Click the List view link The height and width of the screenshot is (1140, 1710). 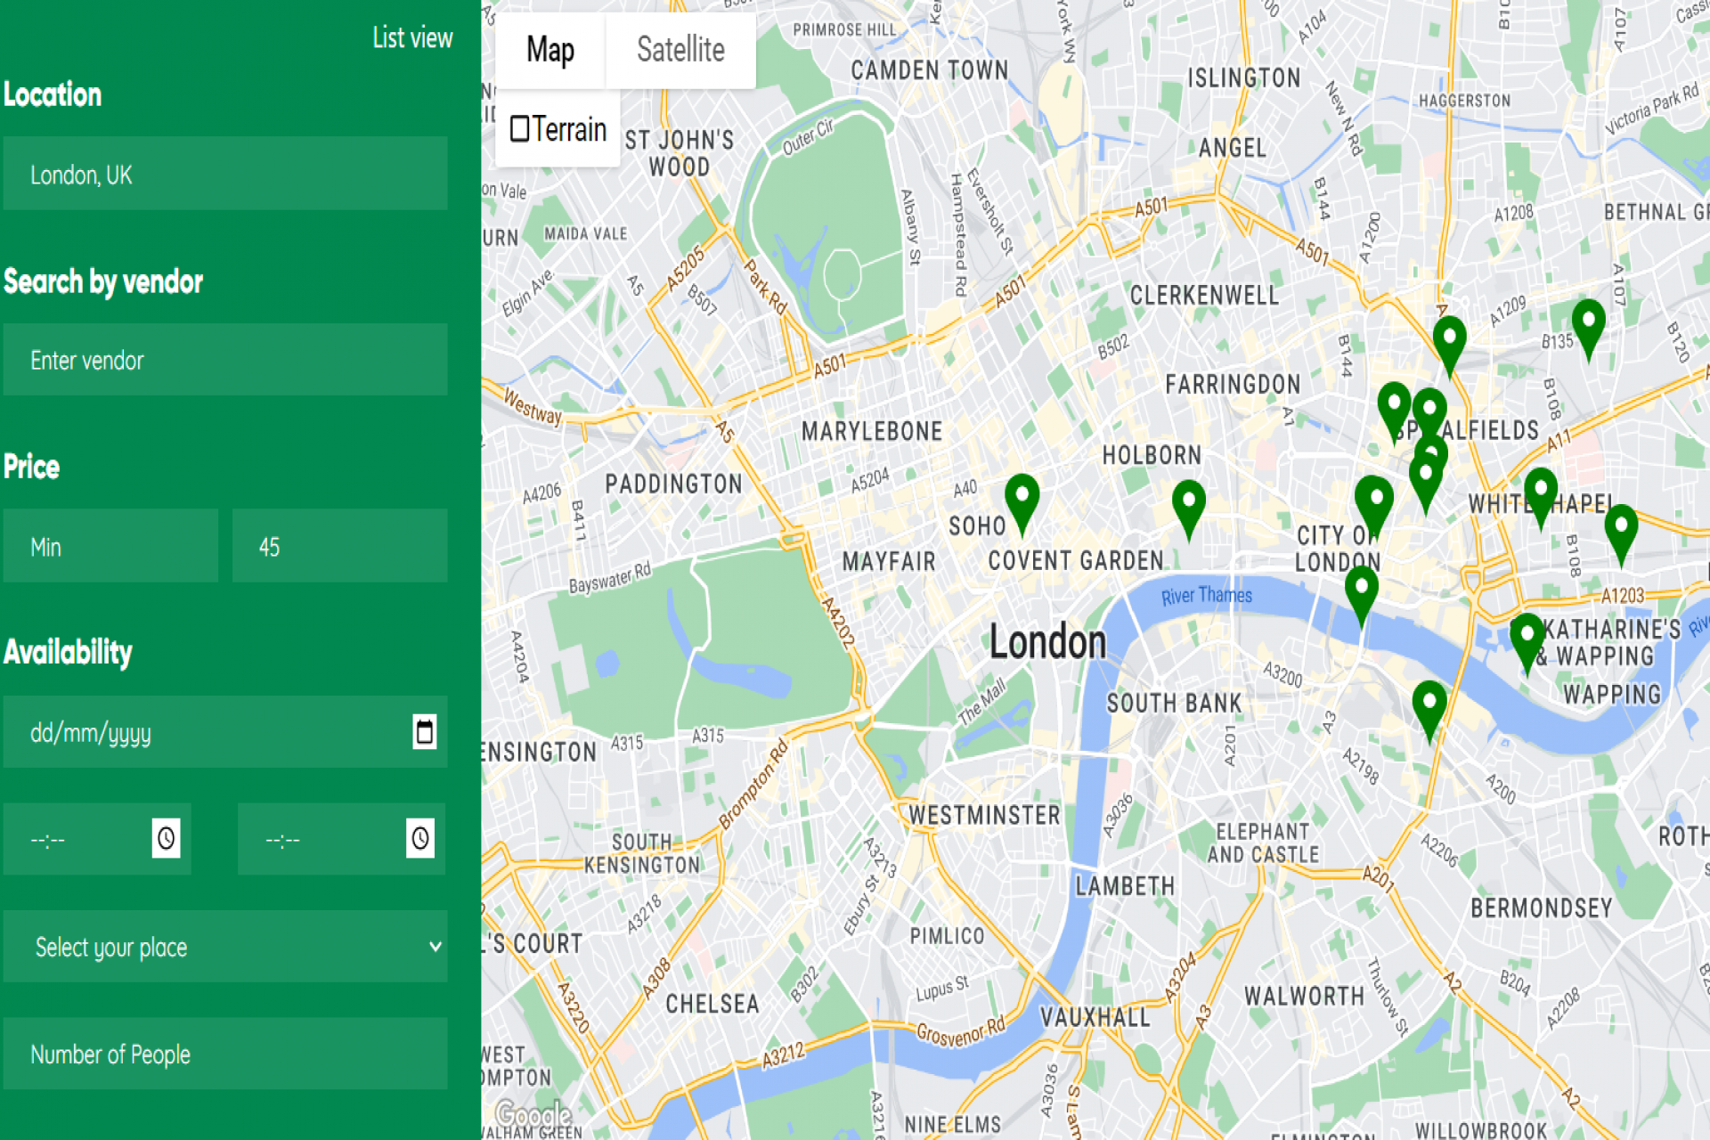[411, 38]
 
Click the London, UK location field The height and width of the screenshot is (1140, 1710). [224, 174]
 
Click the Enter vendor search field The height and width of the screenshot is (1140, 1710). [224, 360]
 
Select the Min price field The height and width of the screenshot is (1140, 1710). [110, 546]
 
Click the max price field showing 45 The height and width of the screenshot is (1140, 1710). [339, 546]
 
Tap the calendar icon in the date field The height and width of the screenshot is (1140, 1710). [425, 732]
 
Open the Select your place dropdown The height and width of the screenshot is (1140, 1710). [224, 947]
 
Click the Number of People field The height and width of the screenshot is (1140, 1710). [224, 1054]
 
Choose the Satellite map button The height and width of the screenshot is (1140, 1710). [680, 50]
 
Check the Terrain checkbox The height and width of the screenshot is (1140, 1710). [520, 129]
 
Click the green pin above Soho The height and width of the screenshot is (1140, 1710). [1022, 500]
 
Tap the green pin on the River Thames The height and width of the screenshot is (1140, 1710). [1361, 592]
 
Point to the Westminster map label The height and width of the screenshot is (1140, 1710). [984, 815]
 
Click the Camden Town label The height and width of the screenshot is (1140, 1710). [929, 70]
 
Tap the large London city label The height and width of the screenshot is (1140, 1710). [1047, 642]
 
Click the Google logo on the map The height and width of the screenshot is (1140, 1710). [533, 1113]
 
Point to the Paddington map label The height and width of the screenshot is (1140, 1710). [673, 484]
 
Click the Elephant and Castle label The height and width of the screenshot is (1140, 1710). [1262, 843]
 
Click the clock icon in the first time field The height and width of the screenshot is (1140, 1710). [166, 838]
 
